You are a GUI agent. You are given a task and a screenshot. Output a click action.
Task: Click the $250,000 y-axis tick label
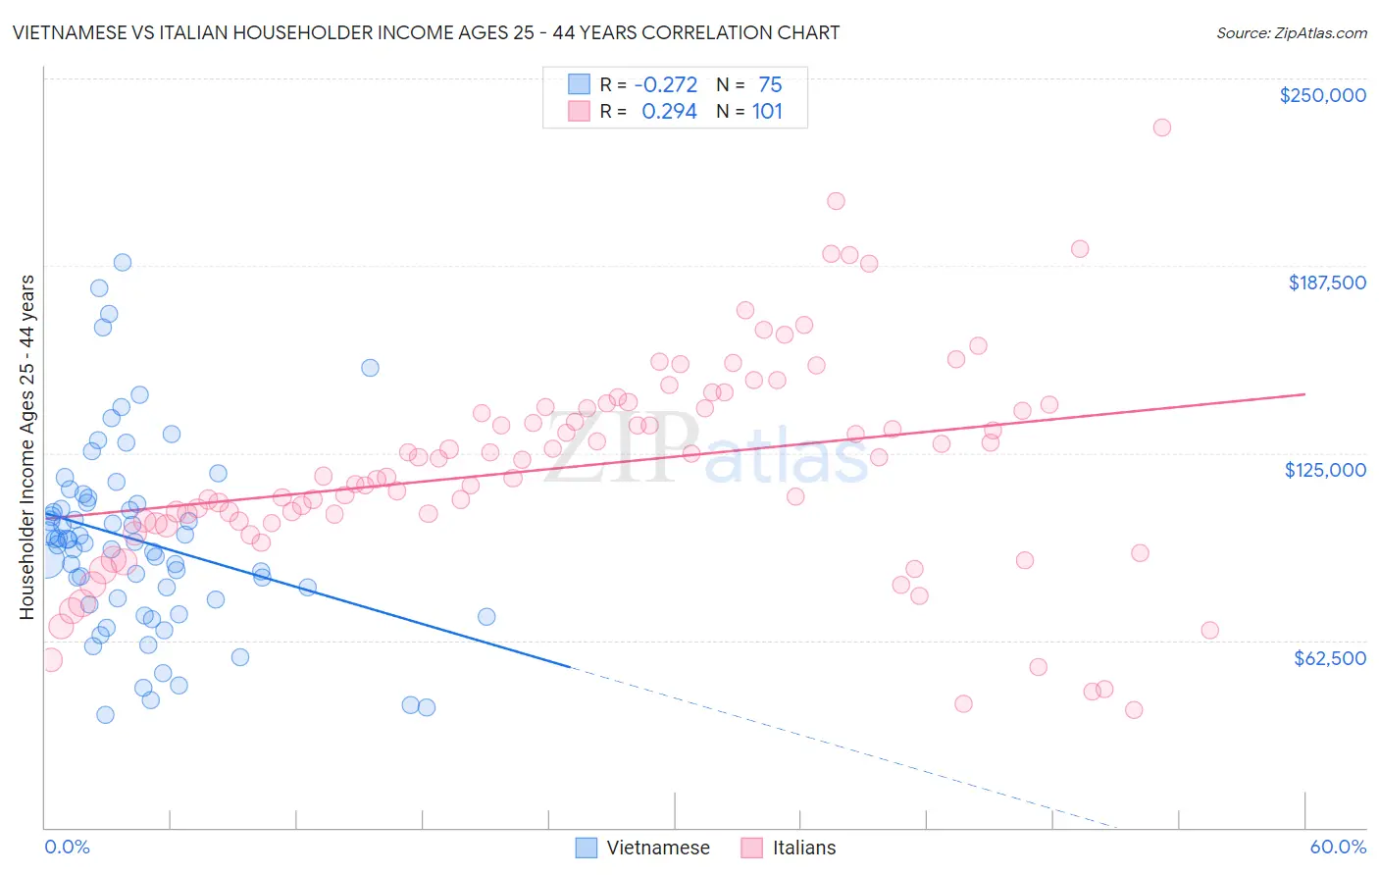coord(1322,95)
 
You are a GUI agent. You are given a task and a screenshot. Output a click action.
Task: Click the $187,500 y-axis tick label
coord(1326,283)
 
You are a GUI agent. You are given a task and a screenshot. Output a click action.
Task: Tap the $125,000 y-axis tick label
coord(1325,470)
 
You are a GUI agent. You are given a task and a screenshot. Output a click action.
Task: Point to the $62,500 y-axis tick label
coord(1329,658)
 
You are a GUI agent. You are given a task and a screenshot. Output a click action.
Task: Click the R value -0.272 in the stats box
coord(666,84)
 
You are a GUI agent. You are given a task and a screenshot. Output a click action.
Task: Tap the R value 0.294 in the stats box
coord(669,112)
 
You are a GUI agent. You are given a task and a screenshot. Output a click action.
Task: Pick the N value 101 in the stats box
coord(767,112)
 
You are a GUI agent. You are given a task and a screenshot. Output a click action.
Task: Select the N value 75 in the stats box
coord(770,84)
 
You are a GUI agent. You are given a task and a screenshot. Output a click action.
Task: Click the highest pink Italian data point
coord(1162,128)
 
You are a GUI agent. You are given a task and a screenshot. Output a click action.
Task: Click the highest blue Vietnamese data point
coord(123,262)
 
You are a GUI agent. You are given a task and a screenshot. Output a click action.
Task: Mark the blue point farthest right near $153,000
coord(370,368)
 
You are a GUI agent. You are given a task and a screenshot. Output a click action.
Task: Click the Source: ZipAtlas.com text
coord(1291,33)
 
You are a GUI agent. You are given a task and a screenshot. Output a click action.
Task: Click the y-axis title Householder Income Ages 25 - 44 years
coord(26,447)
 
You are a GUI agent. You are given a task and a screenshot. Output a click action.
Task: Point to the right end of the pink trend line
coord(1304,394)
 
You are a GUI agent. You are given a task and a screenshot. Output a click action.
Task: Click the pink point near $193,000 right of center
coord(1080,249)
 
